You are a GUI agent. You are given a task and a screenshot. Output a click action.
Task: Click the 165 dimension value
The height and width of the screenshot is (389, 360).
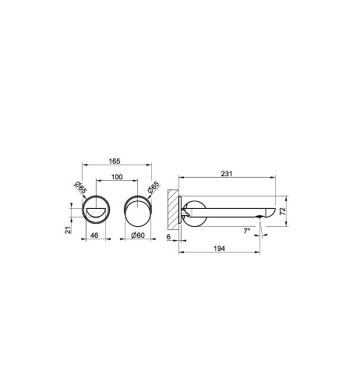click(115, 161)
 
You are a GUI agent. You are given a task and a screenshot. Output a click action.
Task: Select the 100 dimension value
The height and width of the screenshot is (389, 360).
click(117, 177)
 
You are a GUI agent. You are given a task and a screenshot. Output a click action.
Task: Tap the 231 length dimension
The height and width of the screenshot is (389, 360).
click(227, 174)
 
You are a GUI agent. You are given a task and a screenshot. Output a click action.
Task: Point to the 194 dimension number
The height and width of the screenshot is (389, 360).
click(219, 249)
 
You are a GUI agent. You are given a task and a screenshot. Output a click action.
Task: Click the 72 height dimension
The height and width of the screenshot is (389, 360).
click(283, 210)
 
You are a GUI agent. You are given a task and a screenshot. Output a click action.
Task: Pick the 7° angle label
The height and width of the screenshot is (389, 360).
click(247, 230)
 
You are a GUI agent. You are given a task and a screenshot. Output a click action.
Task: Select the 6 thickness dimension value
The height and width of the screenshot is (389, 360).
click(168, 237)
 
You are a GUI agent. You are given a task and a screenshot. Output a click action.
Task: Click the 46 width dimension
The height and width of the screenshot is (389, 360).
click(94, 235)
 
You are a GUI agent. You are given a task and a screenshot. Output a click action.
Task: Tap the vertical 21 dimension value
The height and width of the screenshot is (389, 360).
click(68, 230)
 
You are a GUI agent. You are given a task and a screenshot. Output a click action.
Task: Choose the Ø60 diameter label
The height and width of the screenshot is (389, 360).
click(138, 235)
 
